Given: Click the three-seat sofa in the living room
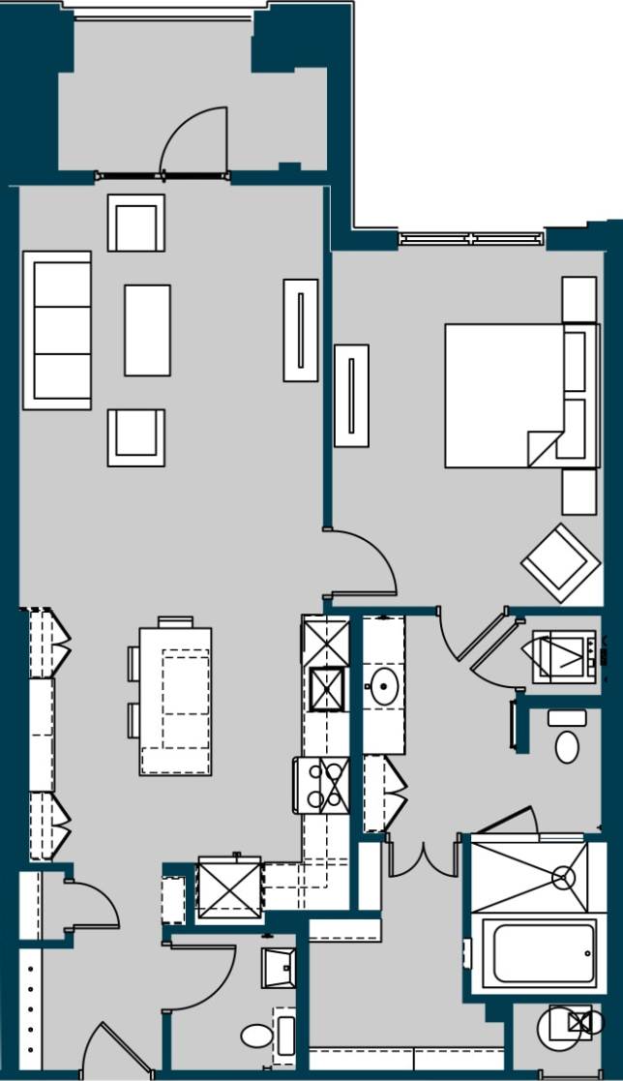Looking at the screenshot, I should [x=57, y=330].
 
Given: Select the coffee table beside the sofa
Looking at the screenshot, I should [x=147, y=330].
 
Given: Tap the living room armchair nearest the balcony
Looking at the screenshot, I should [x=136, y=224].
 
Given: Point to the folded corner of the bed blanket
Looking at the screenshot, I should [x=543, y=448].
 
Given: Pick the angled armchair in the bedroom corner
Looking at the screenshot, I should [x=560, y=562].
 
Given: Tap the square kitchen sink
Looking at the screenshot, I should [x=327, y=689].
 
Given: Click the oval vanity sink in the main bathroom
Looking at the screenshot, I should [x=385, y=687].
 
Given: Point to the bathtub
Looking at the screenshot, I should [x=538, y=952].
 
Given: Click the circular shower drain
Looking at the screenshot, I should [x=563, y=878].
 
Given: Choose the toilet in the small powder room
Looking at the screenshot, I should [x=256, y=1037].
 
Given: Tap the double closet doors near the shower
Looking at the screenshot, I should [x=423, y=858].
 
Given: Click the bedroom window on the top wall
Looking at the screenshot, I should [x=471, y=238].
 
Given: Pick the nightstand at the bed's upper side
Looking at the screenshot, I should [x=578, y=300].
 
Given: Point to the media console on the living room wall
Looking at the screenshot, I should [x=301, y=330].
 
